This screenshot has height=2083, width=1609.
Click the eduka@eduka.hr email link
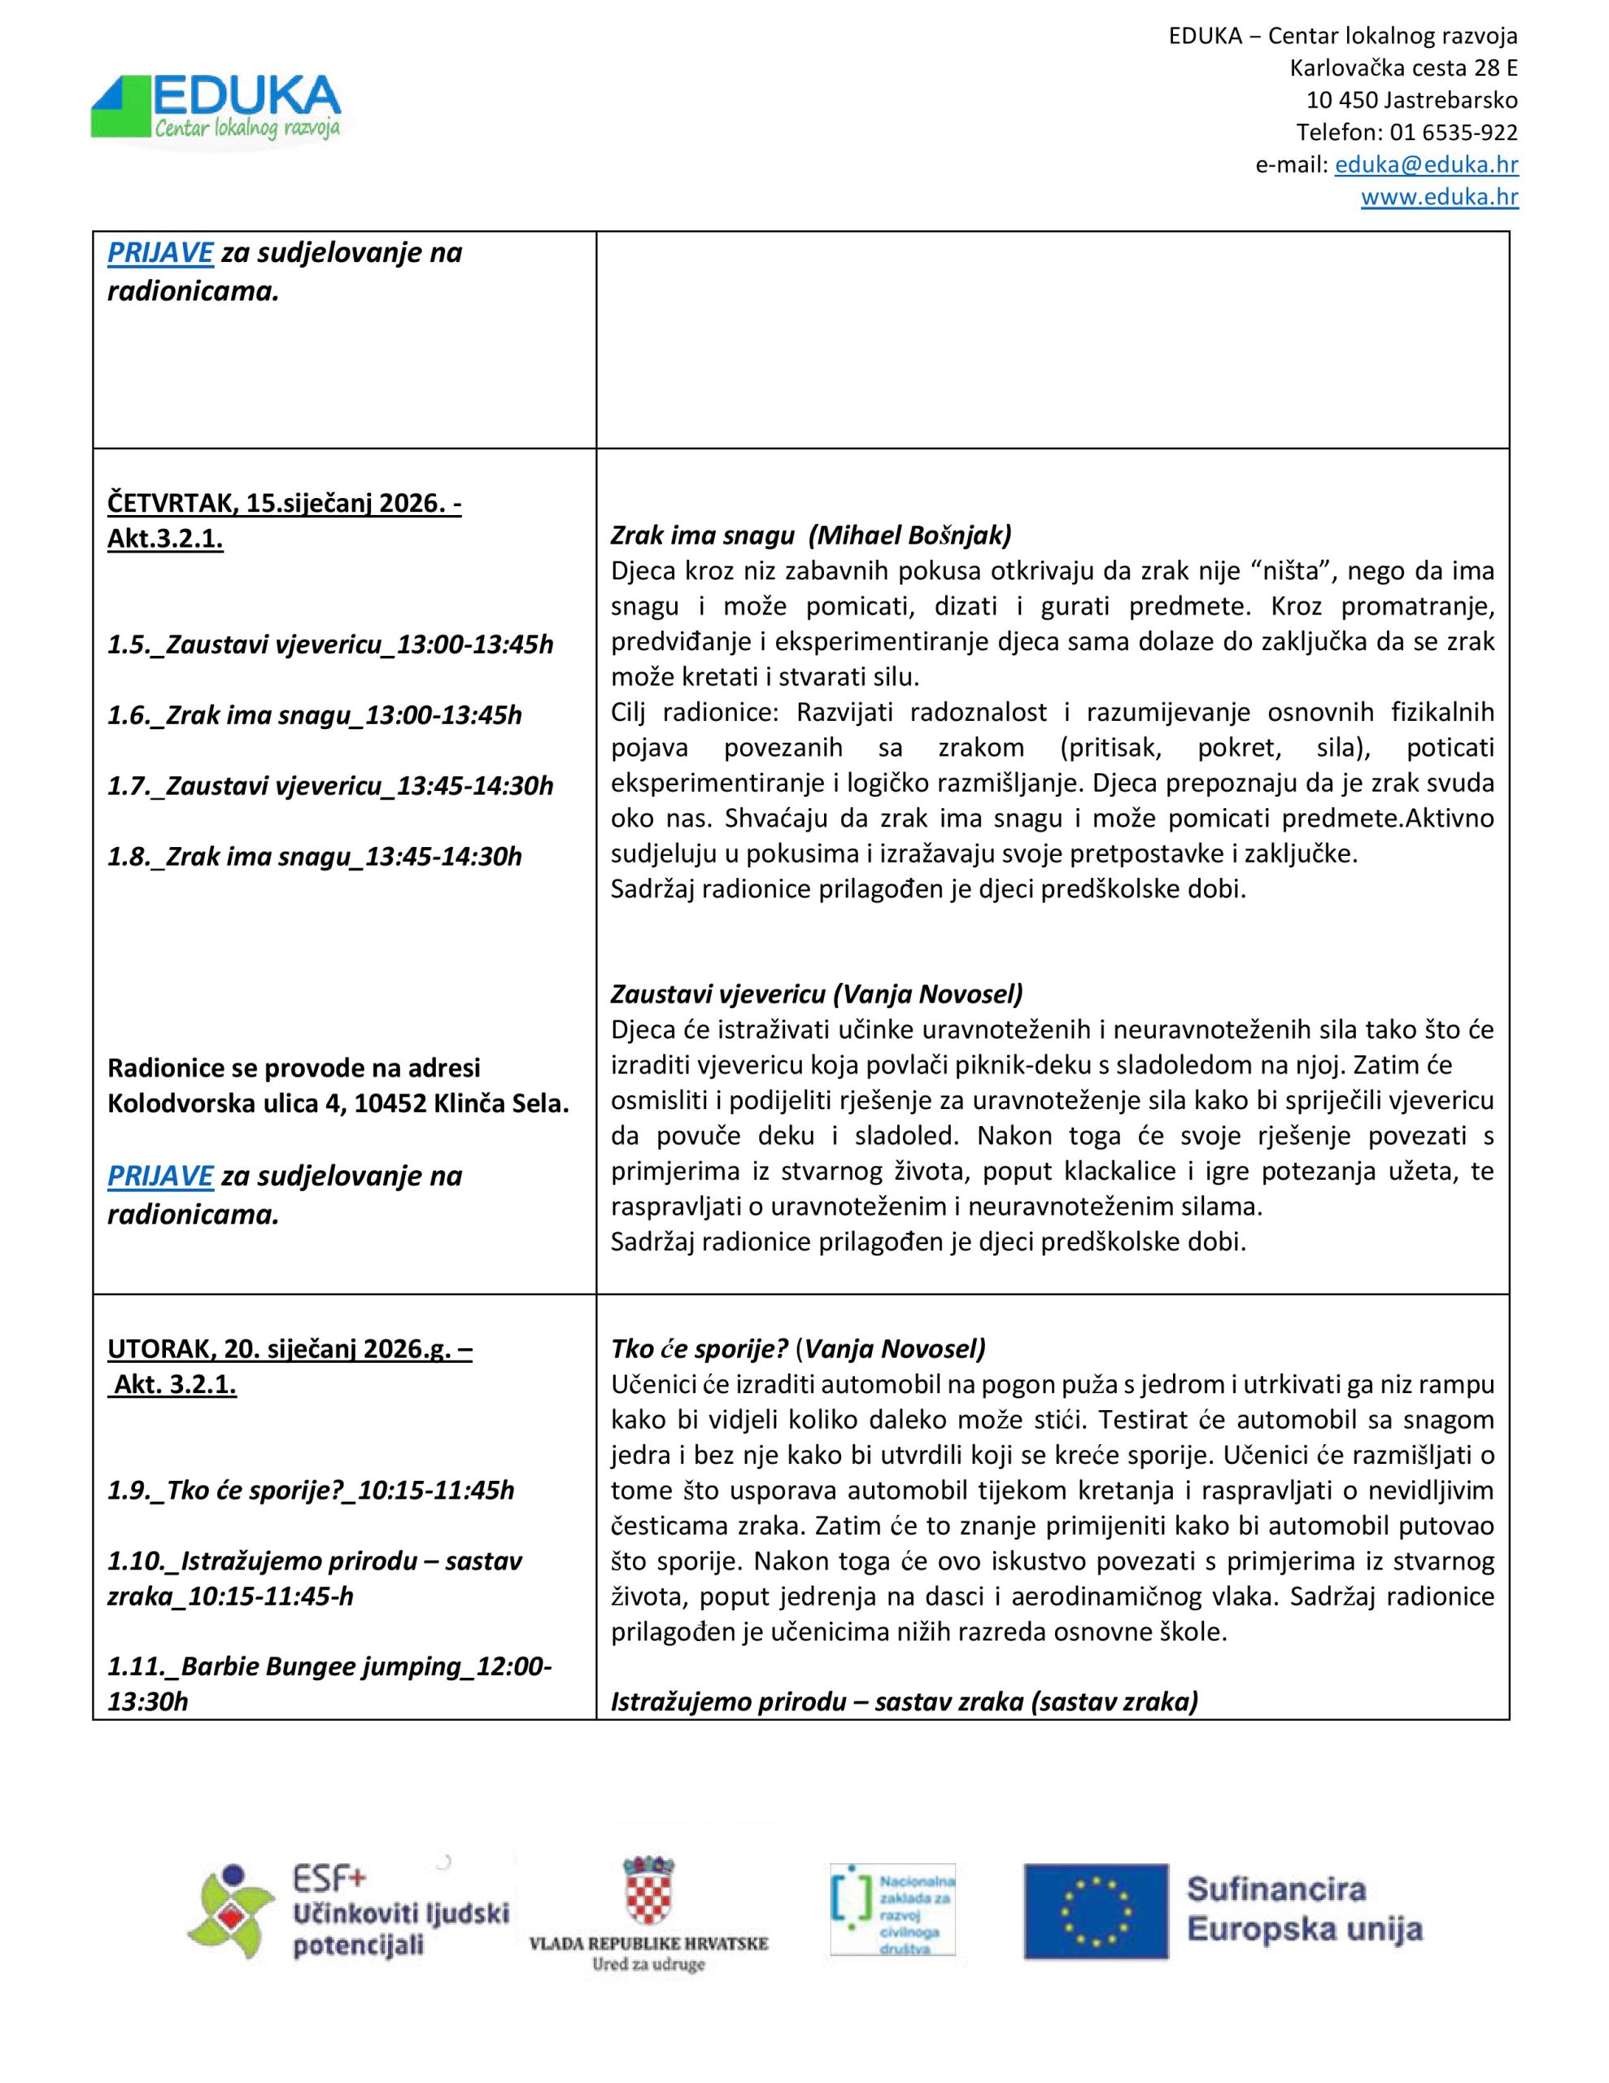1426,164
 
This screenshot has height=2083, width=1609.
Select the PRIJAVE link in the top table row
159,253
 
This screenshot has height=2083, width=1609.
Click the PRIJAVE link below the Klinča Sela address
159,1176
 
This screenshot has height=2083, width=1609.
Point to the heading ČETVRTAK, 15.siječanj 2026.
283,503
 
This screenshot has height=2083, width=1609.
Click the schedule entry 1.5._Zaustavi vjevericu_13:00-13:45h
330,644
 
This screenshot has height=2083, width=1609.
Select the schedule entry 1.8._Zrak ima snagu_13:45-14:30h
315,857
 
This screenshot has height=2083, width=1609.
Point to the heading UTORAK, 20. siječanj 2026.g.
289,1348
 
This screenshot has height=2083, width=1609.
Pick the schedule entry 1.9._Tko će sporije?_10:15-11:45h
311,1490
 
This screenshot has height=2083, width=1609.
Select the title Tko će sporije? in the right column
699,1348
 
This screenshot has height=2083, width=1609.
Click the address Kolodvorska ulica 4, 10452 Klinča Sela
338,1104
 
